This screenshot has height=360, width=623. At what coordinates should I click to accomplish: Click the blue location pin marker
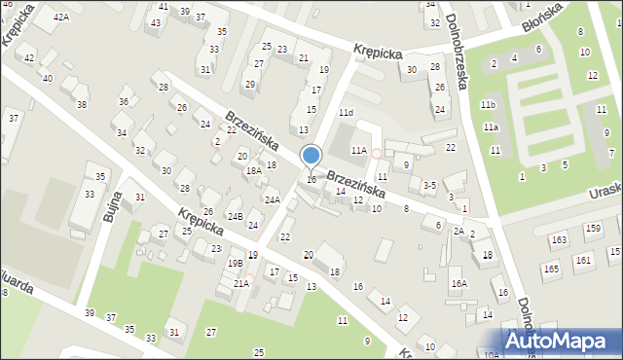(x=311, y=156)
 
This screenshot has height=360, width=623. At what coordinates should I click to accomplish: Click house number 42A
(x=61, y=18)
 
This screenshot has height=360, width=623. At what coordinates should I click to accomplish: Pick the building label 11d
(x=346, y=113)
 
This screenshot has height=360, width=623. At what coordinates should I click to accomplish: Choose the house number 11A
(x=359, y=151)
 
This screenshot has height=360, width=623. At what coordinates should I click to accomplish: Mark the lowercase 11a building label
(x=492, y=127)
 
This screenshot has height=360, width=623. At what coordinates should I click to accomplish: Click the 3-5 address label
(x=428, y=185)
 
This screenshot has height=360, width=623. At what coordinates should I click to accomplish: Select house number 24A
(x=273, y=200)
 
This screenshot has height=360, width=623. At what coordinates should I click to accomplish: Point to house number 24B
(x=235, y=216)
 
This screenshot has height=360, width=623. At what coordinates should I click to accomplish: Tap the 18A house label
(x=252, y=171)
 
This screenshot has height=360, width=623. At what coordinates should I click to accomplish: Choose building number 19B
(x=235, y=263)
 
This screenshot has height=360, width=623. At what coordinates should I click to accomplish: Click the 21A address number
(x=240, y=283)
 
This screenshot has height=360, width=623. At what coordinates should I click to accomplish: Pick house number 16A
(x=458, y=284)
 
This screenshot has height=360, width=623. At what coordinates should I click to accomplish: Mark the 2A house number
(x=458, y=232)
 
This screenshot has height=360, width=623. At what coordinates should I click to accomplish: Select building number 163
(x=559, y=239)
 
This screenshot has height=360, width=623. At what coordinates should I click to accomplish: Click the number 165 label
(x=551, y=269)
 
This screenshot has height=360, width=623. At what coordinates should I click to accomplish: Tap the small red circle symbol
(x=376, y=154)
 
